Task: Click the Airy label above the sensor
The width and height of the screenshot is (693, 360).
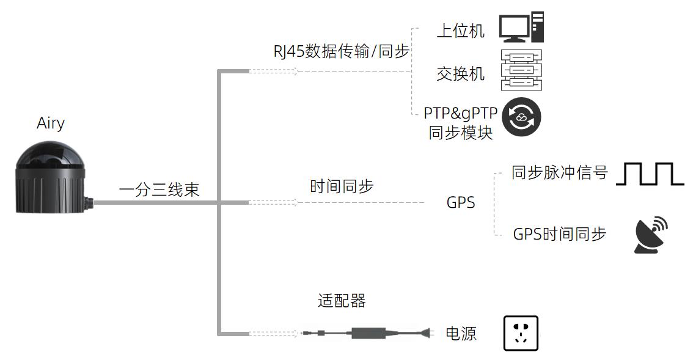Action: pos(51,123)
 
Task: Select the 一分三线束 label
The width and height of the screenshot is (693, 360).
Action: pos(159,189)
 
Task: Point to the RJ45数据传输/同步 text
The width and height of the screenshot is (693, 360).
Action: pos(341,51)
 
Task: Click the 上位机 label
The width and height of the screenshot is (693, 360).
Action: pos(460,31)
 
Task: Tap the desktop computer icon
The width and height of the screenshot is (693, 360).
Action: pos(521,27)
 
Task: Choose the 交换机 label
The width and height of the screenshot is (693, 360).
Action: pos(460,73)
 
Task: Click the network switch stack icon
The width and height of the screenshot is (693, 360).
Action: pos(521,70)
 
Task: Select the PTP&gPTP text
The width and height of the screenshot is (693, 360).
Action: pos(461,113)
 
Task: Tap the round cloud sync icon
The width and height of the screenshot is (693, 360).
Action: pos(521,117)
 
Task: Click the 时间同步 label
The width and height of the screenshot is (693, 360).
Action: pos(342,186)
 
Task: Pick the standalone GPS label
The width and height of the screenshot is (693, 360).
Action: pos(461,202)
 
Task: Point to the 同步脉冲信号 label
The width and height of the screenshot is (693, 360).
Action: pos(560,172)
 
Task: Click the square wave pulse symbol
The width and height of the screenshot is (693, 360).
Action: pos(650,174)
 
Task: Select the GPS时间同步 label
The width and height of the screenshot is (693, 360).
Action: pos(560,234)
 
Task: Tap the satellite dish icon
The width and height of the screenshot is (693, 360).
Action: pos(651,235)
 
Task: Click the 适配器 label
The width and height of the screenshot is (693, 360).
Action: pos(342,301)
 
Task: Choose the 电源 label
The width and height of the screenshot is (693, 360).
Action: pos(461,334)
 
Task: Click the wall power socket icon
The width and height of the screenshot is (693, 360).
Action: pos(521,333)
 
